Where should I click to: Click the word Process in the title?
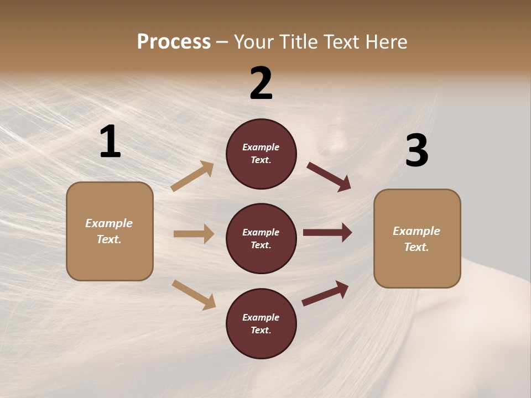coord(174,41)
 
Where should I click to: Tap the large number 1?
coord(110,142)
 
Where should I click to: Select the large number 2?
coord(261,83)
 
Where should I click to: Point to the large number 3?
coord(417,151)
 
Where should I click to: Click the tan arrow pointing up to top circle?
coord(192,176)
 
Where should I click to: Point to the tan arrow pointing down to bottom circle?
coord(194,294)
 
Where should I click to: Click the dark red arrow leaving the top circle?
coord(329,176)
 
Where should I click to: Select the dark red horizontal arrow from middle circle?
coord(327,233)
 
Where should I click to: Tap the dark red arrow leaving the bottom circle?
coord(325,293)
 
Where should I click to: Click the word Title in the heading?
coord(299,41)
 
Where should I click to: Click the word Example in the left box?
coord(109,223)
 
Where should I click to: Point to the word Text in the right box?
coord(415,247)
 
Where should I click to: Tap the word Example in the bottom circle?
coord(261,317)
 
